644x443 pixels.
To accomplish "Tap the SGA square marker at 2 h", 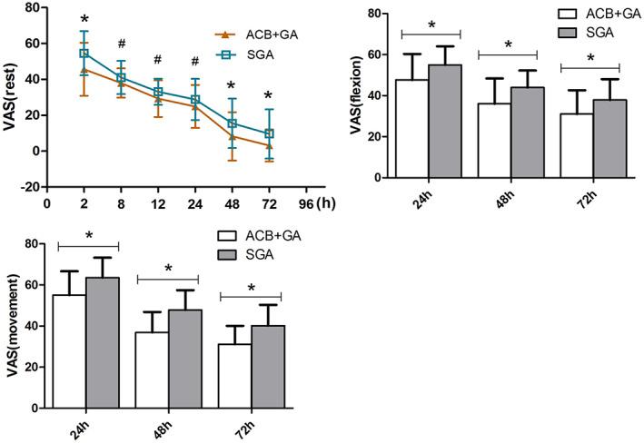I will pyautogui.click(x=84, y=54).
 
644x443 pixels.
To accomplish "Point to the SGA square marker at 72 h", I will pyautogui.click(x=268, y=133).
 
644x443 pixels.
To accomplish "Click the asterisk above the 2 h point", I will pyautogui.click(x=84, y=19).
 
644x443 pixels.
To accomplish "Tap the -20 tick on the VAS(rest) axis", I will pyautogui.click(x=33, y=186).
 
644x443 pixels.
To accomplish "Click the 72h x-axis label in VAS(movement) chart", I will pyautogui.click(x=249, y=428).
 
